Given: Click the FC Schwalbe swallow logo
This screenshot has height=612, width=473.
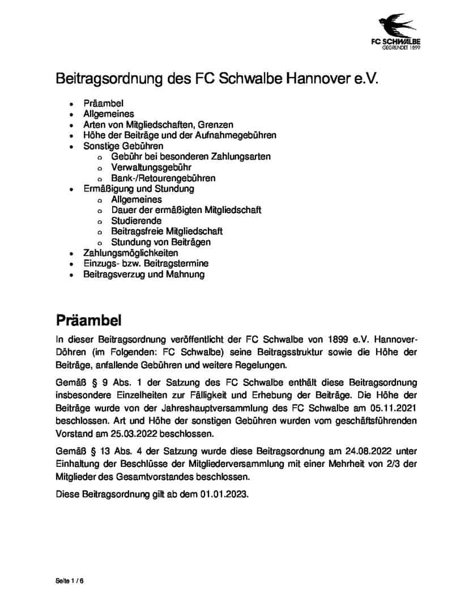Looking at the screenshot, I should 407,29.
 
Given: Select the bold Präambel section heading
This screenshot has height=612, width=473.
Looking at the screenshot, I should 88,321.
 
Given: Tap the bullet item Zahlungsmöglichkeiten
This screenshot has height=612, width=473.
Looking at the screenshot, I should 131,253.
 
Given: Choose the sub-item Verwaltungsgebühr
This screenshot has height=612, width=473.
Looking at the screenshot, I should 151,167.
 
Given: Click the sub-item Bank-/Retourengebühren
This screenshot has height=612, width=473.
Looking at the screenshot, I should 163,178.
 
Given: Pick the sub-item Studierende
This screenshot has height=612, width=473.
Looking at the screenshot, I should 137,220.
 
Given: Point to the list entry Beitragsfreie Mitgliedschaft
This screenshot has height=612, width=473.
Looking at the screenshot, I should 167,231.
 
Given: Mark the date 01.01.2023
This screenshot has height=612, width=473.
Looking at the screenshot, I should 224,494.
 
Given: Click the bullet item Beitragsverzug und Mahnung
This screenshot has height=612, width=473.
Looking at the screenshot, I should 144,274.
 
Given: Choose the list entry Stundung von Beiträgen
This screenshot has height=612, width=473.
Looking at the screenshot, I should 161,242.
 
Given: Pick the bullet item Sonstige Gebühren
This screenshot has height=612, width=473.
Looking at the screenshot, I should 123,146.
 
